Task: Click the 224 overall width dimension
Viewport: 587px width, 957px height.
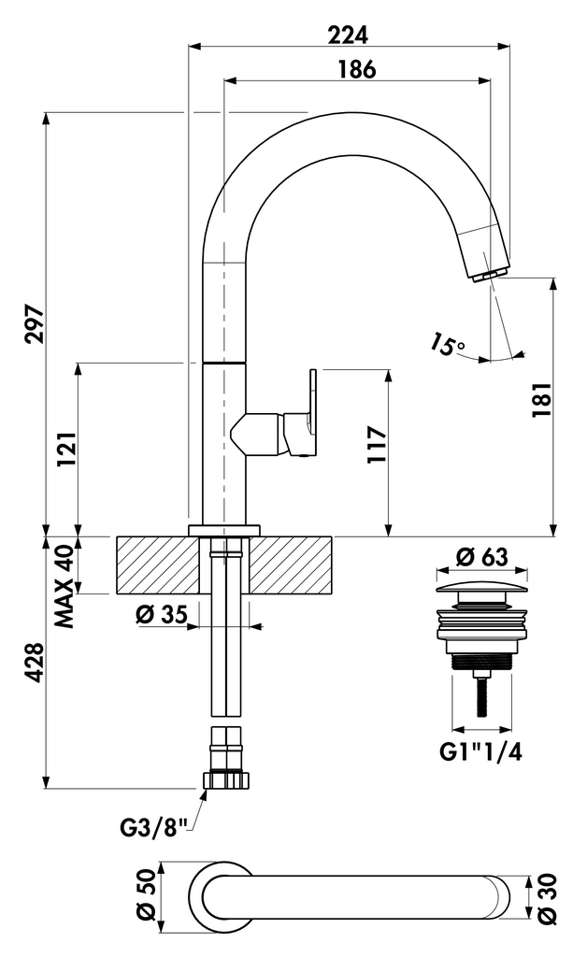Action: (x=349, y=34)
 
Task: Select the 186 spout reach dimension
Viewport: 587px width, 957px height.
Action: (x=357, y=69)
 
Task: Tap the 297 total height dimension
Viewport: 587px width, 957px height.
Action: (x=35, y=323)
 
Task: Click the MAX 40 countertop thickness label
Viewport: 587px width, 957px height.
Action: (x=64, y=586)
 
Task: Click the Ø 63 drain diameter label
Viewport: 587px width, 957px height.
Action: (x=481, y=557)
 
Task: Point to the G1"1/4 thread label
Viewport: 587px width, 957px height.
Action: (x=481, y=750)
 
